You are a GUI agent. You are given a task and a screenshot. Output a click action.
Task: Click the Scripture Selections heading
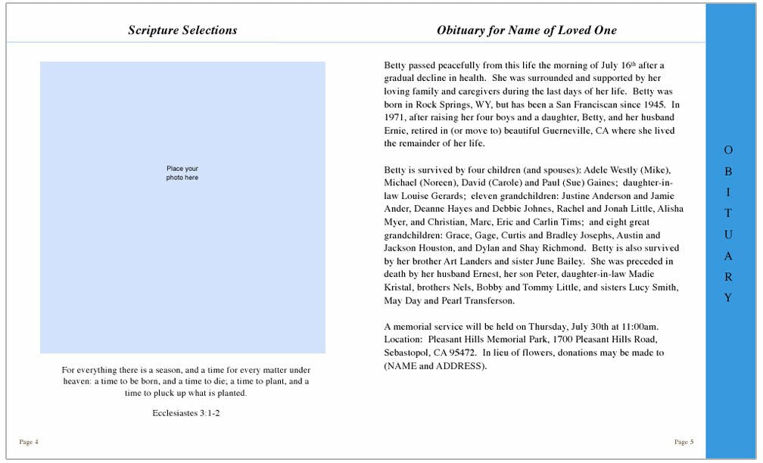tap(182, 31)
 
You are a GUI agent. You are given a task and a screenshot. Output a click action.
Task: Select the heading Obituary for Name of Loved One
tap(526, 31)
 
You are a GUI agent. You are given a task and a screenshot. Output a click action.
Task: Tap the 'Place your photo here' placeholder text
tap(182, 172)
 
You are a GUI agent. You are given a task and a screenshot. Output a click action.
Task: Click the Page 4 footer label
tap(29, 442)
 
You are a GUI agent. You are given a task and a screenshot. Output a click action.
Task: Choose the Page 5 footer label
tap(684, 442)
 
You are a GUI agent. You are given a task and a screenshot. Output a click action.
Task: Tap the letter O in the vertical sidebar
tap(728, 151)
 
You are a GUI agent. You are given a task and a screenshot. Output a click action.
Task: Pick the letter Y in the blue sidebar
tap(728, 298)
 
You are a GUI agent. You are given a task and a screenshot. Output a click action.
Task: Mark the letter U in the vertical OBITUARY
tap(728, 235)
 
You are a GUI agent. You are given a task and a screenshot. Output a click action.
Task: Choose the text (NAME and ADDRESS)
tap(435, 366)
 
